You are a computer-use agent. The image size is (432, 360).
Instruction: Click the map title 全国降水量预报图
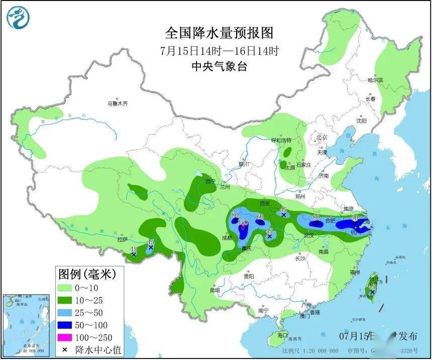[220, 33]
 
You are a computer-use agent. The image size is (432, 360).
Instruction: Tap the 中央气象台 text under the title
[220, 66]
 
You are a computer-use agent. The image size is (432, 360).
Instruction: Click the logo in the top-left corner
[18, 18]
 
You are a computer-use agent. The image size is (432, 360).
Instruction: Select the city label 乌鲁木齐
[117, 104]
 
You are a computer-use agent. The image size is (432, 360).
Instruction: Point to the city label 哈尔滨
[375, 80]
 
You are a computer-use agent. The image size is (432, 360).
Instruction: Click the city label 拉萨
[123, 240]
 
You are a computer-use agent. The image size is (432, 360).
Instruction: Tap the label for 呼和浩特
[281, 140]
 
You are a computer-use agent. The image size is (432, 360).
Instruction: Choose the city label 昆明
[215, 290]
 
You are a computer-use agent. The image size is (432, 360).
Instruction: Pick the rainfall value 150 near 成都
[243, 222]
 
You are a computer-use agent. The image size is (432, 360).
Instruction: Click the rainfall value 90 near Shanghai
[355, 217]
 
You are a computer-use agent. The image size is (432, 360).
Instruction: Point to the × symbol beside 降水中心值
[65, 349]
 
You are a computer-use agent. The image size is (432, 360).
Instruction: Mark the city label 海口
[282, 335]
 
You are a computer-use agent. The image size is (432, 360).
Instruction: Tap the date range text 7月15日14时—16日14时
[220, 51]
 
